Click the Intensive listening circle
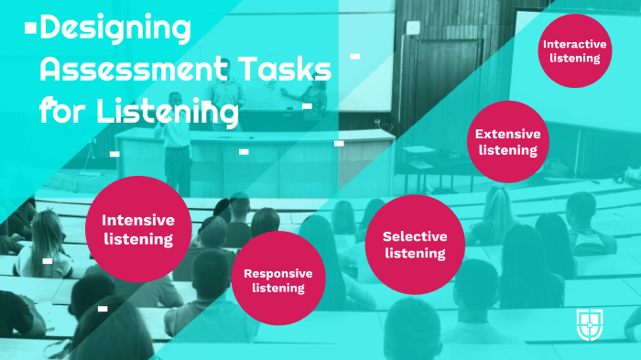(137, 229)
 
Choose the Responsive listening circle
(277, 279)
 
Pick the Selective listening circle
(414, 244)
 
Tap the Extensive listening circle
(507, 141)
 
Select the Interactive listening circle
(575, 50)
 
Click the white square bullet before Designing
(30, 29)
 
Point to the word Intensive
(137, 220)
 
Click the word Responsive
(277, 273)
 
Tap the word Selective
(415, 236)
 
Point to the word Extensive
(507, 134)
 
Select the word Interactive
(575, 43)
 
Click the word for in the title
(54, 112)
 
